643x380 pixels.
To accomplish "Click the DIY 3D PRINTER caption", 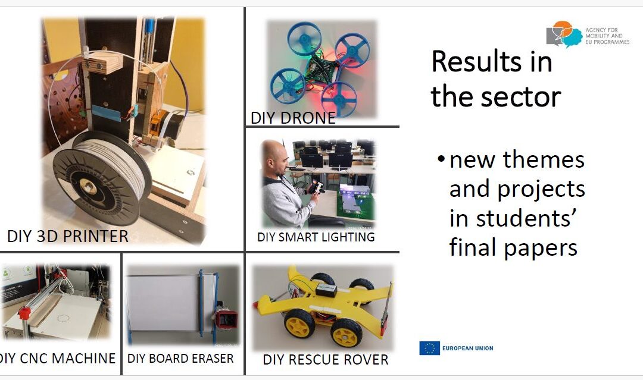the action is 68,236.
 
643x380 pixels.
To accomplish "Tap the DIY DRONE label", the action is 293,118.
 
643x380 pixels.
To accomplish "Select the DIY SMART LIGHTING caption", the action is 316,237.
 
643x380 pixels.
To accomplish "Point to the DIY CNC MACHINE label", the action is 57,359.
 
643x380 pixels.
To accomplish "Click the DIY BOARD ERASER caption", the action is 180,359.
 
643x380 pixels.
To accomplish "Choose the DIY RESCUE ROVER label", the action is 326,360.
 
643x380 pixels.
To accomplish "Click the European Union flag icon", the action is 429,348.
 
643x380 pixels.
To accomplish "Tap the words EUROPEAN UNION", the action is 467,348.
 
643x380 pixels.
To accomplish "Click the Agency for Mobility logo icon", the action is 564,34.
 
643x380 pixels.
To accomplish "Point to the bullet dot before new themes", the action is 441,159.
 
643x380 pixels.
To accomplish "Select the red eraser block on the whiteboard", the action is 225,319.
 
